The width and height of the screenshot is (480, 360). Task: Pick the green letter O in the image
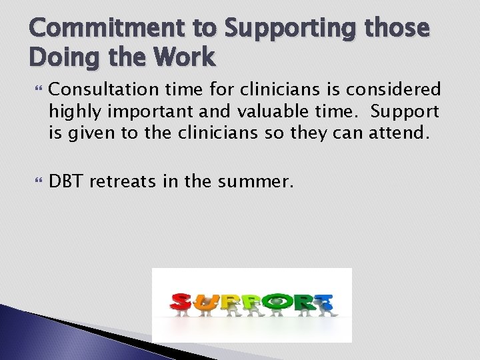[x=274, y=301]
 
